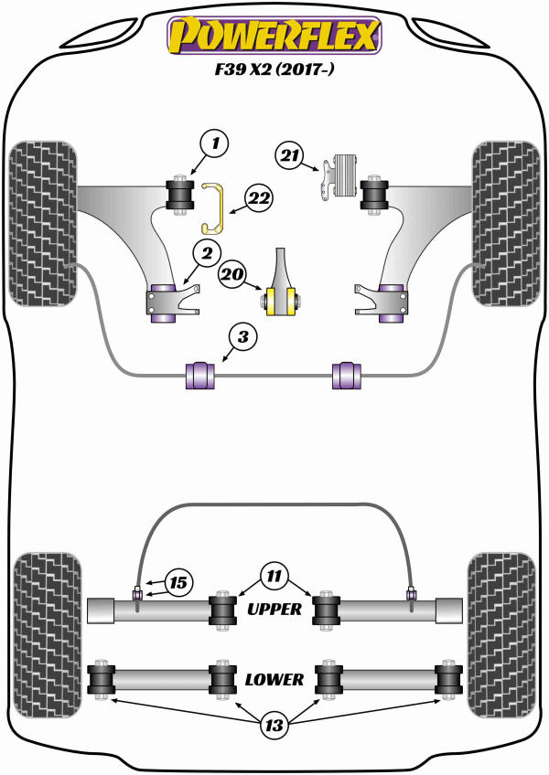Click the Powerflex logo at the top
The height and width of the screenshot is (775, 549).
pyautogui.click(x=273, y=35)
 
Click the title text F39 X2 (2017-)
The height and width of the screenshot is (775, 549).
pyautogui.click(x=274, y=70)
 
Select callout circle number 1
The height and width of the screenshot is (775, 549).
pyautogui.click(x=214, y=143)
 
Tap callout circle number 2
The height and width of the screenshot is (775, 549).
pyautogui.click(x=207, y=252)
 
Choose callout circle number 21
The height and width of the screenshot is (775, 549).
pyautogui.click(x=291, y=156)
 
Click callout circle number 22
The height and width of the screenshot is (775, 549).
pyautogui.click(x=259, y=196)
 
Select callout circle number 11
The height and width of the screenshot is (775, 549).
pyautogui.click(x=273, y=576)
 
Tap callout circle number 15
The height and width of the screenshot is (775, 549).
pyautogui.click(x=178, y=581)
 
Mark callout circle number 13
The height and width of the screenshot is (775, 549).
pyautogui.click(x=273, y=727)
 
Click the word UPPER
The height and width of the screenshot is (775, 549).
pyautogui.click(x=274, y=609)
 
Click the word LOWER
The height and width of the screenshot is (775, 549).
pyautogui.click(x=274, y=679)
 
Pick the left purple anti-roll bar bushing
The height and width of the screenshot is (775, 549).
pyautogui.click(x=199, y=376)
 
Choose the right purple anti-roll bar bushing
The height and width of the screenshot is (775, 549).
pyautogui.click(x=346, y=376)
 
